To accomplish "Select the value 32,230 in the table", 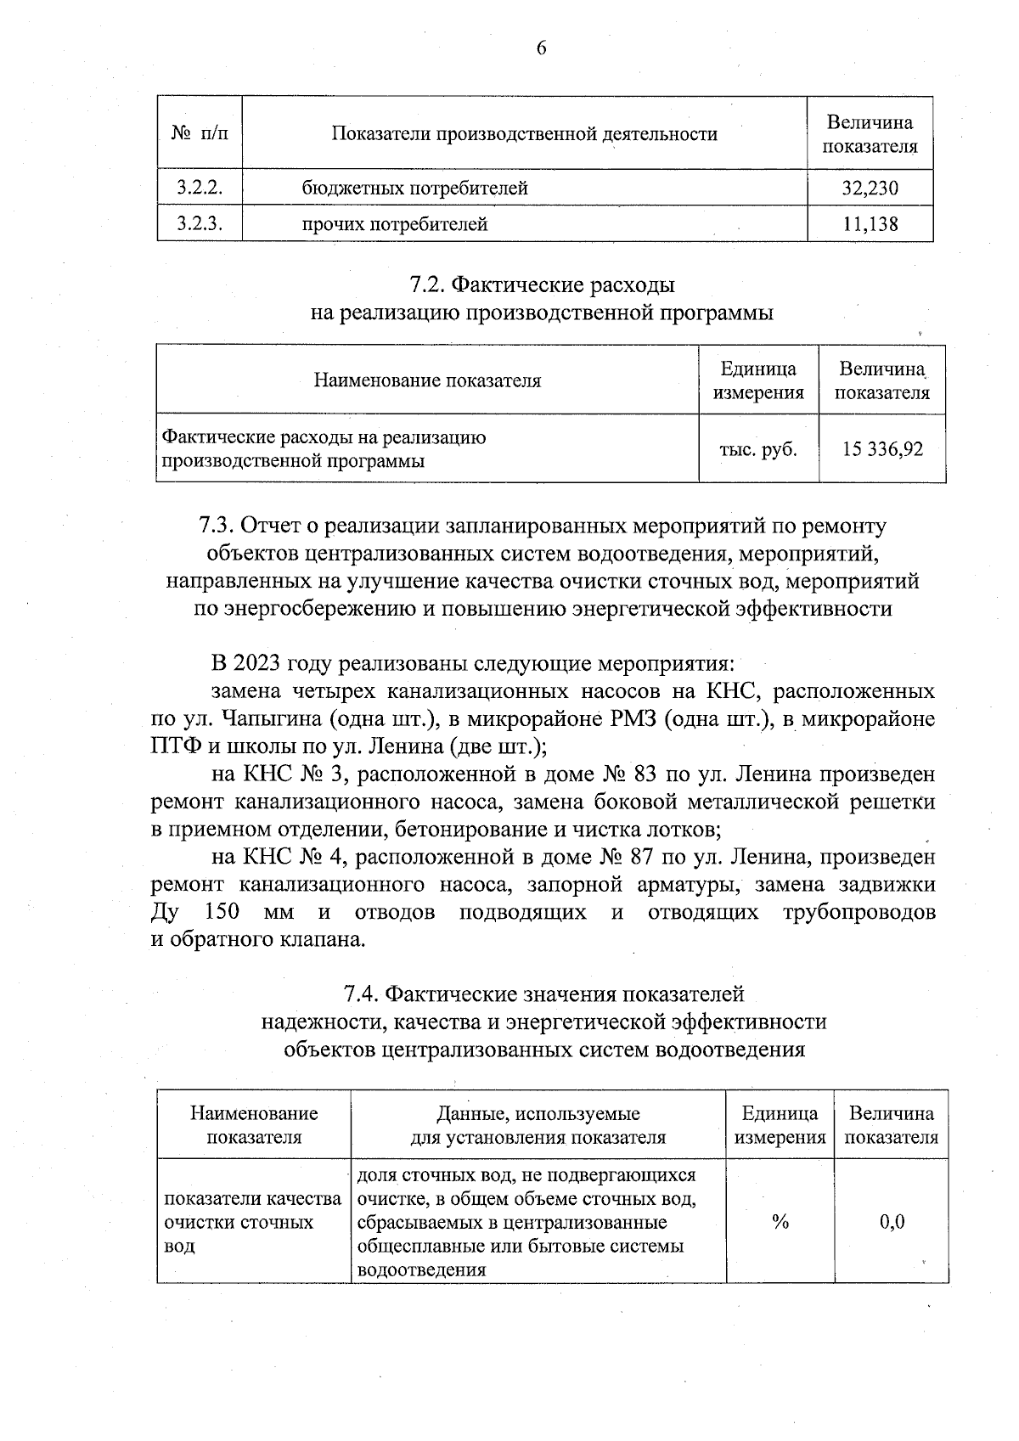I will pyautogui.click(x=870, y=188).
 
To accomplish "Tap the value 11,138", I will pyautogui.click(x=870, y=224).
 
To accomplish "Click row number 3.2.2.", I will pyautogui.click(x=200, y=188).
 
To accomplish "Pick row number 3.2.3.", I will pyautogui.click(x=200, y=224).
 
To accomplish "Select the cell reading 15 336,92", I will pyautogui.click(x=882, y=449).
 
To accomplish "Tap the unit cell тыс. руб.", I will pyautogui.click(x=758, y=449).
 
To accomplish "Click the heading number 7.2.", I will pyautogui.click(x=425, y=284).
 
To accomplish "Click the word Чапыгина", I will pyautogui.click(x=272, y=719).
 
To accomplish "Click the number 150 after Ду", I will pyautogui.click(x=222, y=912).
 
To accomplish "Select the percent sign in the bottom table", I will pyautogui.click(x=780, y=1222).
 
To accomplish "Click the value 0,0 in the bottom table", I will pyautogui.click(x=892, y=1222).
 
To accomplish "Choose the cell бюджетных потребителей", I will pyautogui.click(x=414, y=188).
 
